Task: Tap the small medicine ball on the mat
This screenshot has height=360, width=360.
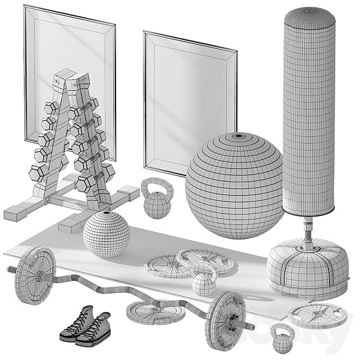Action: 106,233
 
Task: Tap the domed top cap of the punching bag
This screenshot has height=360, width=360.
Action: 309,14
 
